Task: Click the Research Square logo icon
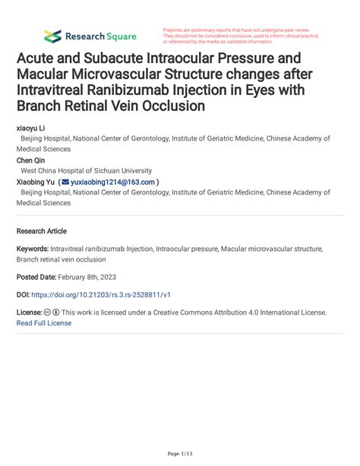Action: coord(52,36)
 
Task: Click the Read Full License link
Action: coord(44,322)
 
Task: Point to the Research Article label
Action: coord(42,231)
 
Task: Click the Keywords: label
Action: coord(33,249)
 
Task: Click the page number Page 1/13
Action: coord(179,453)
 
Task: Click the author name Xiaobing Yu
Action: coord(42,182)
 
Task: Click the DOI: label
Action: coord(25,294)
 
